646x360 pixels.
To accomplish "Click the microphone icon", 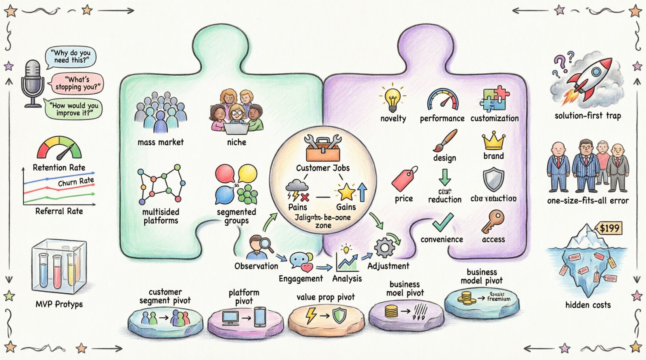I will click(x=33, y=83).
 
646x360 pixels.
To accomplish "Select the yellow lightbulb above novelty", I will click(x=393, y=98).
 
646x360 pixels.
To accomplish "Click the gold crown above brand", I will click(x=493, y=141).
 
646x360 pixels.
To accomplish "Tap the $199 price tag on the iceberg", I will click(x=609, y=228).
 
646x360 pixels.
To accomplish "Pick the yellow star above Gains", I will click(x=346, y=192).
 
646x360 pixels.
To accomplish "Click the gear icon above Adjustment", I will click(x=384, y=248).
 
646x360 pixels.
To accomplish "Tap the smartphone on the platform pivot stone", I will click(x=260, y=317).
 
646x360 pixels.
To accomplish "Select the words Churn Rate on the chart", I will click(x=76, y=182).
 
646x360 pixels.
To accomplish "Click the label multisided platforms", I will click(x=160, y=216).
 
